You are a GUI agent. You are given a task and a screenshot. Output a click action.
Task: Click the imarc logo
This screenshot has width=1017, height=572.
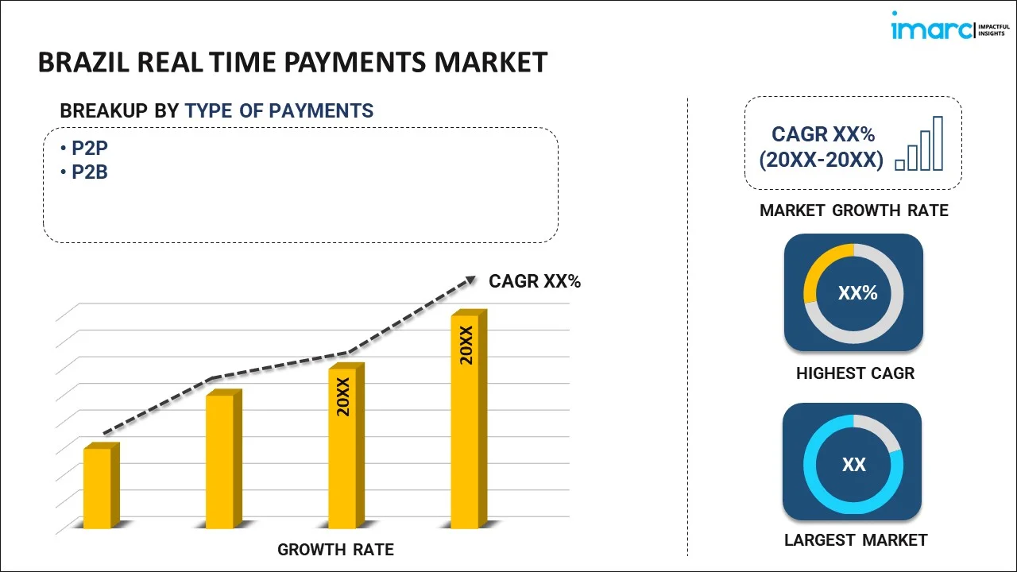(950, 26)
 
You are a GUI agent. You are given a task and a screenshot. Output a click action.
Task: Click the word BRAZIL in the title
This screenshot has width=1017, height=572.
(84, 62)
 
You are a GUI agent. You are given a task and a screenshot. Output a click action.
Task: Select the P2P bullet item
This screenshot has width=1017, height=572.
(84, 148)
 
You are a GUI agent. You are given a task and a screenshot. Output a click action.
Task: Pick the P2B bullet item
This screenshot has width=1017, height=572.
(84, 172)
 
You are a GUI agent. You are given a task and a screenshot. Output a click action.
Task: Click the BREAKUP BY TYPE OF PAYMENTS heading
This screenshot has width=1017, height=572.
(217, 110)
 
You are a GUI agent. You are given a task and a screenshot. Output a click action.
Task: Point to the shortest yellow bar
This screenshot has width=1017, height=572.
(101, 485)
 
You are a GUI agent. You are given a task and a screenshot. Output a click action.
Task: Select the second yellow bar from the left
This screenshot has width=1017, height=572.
(224, 459)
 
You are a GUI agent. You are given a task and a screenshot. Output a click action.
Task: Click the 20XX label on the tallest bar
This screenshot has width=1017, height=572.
(466, 345)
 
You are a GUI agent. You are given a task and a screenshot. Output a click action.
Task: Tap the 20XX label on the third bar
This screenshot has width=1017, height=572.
(344, 396)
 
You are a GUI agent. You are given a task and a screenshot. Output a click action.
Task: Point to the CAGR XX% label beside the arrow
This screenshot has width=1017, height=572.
(535, 281)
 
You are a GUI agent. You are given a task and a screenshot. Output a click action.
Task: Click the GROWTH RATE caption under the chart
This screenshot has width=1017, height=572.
(335, 550)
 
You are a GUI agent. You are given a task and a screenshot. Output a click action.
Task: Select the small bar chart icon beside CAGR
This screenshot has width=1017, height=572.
(919, 144)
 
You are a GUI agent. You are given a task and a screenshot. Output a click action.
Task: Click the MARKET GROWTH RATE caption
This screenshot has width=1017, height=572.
(854, 211)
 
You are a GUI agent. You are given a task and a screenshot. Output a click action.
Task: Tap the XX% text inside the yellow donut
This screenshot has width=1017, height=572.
(857, 293)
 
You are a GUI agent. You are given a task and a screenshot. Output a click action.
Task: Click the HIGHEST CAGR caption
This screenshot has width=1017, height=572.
(856, 373)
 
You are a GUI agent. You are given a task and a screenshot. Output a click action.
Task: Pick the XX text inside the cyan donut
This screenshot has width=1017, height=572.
(854, 465)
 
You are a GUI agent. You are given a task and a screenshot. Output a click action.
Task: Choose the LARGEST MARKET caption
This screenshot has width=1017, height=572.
(856, 540)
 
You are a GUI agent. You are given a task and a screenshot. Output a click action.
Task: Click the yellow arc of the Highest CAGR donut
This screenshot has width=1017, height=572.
(818, 263)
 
